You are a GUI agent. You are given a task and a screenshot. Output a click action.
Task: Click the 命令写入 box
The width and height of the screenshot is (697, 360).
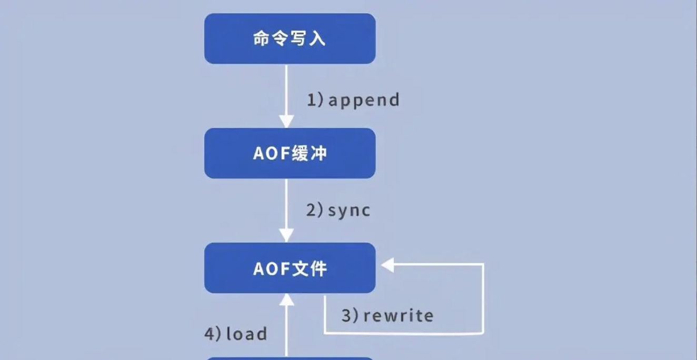(x=290, y=38)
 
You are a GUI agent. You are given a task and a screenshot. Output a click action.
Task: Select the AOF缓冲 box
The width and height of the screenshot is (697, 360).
(x=290, y=153)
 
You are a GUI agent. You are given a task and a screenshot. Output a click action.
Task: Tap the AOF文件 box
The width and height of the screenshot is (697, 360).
(x=290, y=268)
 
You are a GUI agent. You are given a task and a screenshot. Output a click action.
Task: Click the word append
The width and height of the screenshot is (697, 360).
(x=364, y=100)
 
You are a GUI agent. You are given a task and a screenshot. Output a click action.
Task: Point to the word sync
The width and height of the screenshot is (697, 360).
(x=349, y=211)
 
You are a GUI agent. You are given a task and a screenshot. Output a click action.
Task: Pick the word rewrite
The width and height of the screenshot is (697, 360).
(x=399, y=316)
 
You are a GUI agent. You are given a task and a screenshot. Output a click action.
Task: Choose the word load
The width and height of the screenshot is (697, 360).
(x=246, y=334)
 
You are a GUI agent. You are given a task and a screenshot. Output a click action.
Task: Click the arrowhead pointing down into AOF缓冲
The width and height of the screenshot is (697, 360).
(x=286, y=122)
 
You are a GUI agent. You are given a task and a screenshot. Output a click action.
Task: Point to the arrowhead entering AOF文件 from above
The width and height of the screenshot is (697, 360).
(x=286, y=236)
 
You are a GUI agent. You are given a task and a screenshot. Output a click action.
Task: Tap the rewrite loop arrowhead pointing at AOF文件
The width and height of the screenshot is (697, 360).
(x=387, y=265)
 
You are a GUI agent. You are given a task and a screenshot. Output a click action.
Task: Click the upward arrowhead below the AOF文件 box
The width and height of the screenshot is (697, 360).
(x=286, y=300)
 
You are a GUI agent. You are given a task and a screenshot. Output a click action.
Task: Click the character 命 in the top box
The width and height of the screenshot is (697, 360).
(x=262, y=39)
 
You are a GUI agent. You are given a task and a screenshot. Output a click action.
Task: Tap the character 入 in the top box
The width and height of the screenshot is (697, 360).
(x=317, y=39)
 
